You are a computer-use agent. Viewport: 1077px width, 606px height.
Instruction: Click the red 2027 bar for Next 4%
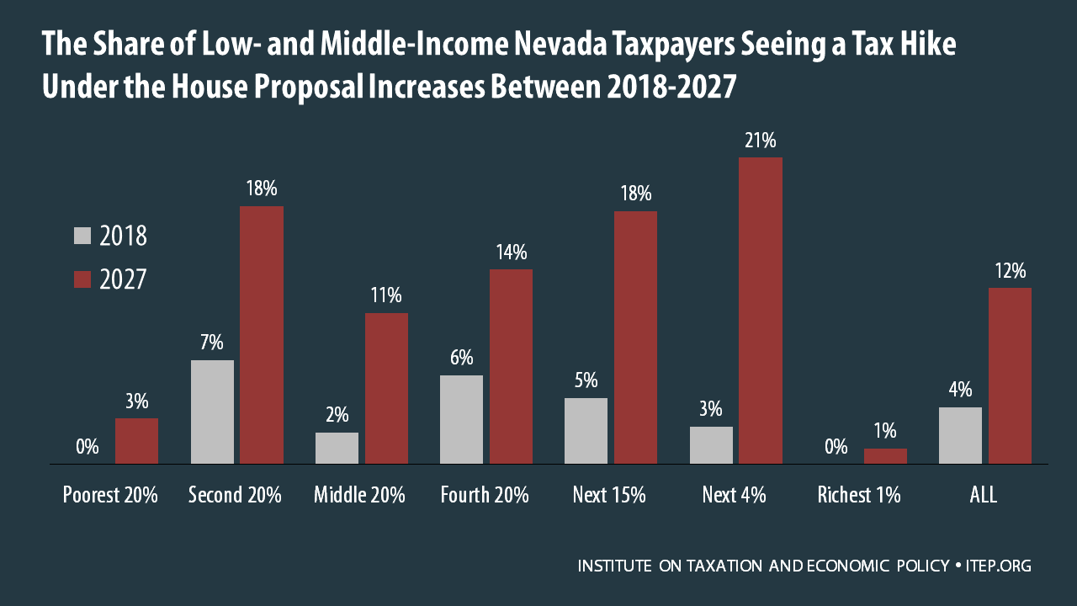click(x=761, y=311)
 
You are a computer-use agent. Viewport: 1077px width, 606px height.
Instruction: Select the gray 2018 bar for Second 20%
click(x=212, y=412)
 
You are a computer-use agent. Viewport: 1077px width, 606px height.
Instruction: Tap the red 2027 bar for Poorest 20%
click(x=136, y=441)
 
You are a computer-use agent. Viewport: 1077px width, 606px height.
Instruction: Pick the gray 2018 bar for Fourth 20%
click(x=461, y=419)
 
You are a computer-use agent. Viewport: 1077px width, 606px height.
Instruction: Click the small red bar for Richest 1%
click(x=885, y=456)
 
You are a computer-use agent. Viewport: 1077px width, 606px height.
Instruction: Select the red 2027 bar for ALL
click(x=1010, y=375)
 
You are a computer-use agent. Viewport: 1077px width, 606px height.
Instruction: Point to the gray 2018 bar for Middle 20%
click(x=337, y=448)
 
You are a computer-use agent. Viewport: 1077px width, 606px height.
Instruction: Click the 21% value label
click(x=760, y=141)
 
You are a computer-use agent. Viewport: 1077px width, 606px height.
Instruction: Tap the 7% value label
click(x=212, y=343)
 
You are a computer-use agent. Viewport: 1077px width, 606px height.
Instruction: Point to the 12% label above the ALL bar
click(x=1010, y=271)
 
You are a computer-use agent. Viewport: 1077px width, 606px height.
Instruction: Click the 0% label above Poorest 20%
click(x=88, y=446)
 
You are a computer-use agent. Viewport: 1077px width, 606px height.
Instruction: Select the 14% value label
click(x=511, y=252)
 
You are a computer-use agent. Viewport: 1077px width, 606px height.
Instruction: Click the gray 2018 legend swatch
click(x=82, y=236)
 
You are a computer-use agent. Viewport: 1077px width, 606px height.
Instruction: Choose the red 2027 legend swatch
click(x=82, y=279)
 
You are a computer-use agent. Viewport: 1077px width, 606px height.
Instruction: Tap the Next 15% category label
click(x=610, y=495)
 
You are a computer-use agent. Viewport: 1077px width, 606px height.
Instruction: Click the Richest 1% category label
click(x=858, y=495)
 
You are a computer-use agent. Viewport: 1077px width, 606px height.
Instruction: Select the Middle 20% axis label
click(x=359, y=495)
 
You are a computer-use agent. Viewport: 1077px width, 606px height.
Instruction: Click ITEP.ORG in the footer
click(x=1000, y=566)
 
